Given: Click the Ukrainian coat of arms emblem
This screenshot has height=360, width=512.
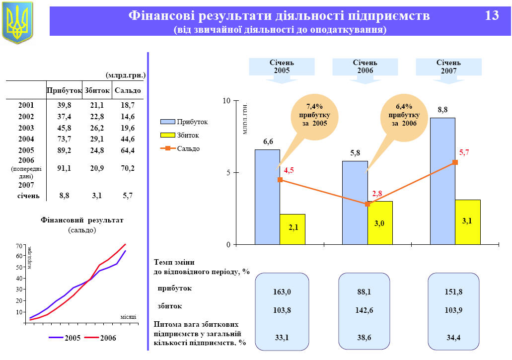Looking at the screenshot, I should click(17, 22).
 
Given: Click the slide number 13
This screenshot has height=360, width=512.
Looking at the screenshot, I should click(492, 16).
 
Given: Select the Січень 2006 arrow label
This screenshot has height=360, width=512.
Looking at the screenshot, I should click(365, 67).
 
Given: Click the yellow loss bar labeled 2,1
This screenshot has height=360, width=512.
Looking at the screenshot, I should click(293, 229).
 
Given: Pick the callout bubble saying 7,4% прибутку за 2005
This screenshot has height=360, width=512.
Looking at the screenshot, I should click(314, 115).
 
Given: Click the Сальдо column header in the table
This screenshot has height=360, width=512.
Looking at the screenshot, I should click(128, 90).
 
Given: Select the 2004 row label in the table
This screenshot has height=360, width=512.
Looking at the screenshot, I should click(26, 139).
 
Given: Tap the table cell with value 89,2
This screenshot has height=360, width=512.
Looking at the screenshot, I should click(64, 150).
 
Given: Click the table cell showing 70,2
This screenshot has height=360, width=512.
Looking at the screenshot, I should click(128, 168).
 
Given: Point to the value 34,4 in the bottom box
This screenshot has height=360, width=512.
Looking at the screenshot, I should click(453, 338).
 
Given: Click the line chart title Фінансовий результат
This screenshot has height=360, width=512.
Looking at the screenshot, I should click(82, 220).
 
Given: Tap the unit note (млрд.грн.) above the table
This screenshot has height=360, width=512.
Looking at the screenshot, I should click(125, 75).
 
